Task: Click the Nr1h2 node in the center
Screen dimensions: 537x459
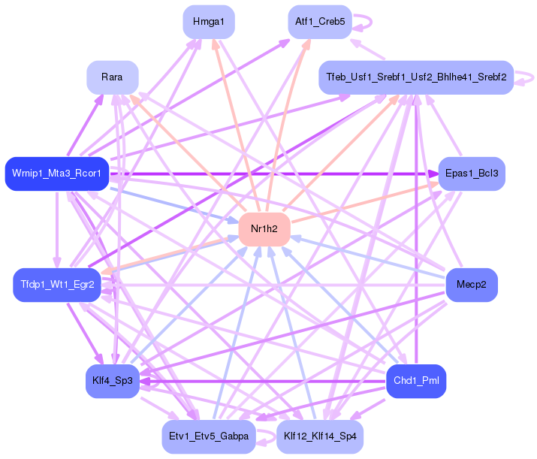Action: point(264,229)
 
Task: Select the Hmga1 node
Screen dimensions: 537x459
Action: point(209,22)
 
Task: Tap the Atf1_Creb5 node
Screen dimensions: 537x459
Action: point(320,22)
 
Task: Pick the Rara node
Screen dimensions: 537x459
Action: point(113,77)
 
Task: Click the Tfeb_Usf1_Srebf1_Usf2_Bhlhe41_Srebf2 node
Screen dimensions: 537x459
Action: point(416,77)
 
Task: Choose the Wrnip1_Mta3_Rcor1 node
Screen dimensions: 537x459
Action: point(57,174)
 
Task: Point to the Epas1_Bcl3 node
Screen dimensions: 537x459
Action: point(472,174)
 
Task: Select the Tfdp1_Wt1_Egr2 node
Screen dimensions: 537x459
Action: point(57,285)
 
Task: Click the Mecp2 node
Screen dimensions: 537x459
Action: point(472,285)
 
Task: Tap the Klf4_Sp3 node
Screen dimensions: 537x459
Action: point(113,381)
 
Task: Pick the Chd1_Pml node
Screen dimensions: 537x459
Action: point(416,381)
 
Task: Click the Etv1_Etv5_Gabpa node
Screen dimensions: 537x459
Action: point(209,436)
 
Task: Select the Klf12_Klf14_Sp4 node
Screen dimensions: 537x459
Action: point(320,436)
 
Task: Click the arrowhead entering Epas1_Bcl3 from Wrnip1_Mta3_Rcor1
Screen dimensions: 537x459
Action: point(434,174)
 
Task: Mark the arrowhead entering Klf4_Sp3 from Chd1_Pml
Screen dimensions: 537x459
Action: point(144,381)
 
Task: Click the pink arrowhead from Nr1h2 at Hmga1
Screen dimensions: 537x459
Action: point(215,44)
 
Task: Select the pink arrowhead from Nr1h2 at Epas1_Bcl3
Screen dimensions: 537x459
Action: point(433,185)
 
